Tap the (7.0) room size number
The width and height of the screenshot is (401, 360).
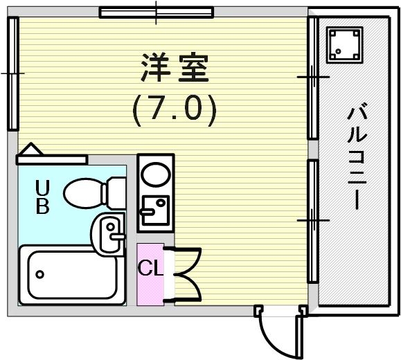(x=174, y=109)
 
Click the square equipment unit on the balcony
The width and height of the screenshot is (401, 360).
(x=344, y=44)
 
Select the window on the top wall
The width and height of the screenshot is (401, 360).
(x=156, y=12)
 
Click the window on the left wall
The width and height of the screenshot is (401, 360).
(x=12, y=73)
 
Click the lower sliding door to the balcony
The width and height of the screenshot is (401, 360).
(x=312, y=219)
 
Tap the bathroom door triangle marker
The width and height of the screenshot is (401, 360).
(x=31, y=151)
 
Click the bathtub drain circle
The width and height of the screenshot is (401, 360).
(x=41, y=274)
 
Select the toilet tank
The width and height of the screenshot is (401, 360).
(x=116, y=191)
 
